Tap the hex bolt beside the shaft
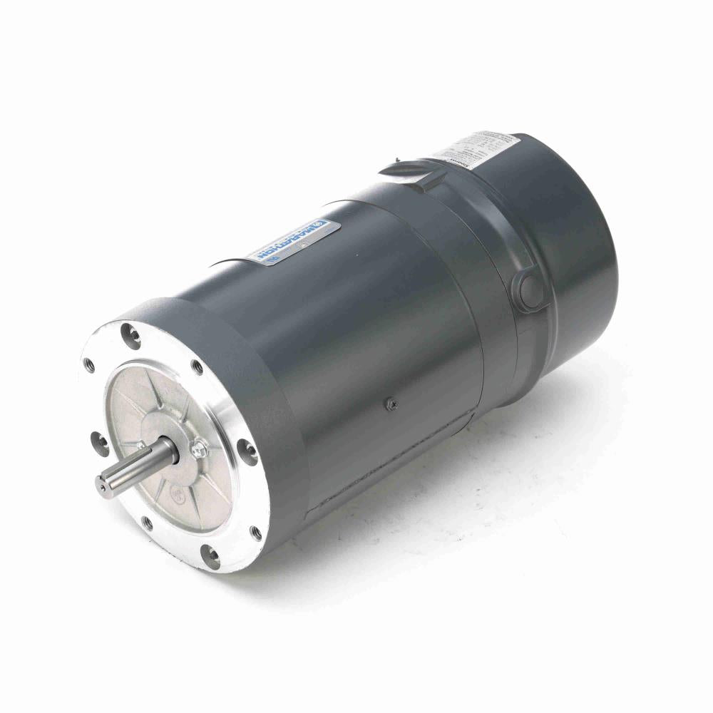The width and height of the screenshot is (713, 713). click(x=199, y=449)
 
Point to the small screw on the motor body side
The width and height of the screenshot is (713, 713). click(x=391, y=404)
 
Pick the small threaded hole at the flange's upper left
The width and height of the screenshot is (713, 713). click(x=88, y=365)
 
